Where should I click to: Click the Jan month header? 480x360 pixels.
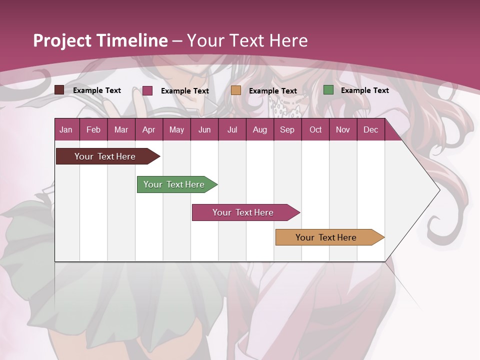[x=66, y=129]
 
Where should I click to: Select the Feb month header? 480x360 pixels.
[x=93, y=129]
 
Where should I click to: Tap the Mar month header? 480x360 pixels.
[x=121, y=129]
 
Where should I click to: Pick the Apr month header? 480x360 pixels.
[x=148, y=129]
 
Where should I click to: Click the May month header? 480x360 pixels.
[x=176, y=129]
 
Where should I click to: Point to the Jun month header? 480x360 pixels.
[x=204, y=129]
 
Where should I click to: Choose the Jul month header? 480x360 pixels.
[x=232, y=129]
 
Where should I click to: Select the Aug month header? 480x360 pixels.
[x=259, y=129]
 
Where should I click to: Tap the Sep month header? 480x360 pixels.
[x=287, y=129]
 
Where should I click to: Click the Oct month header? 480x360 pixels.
[x=315, y=129]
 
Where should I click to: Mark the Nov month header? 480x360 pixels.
[x=343, y=129]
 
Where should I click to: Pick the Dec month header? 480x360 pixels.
[x=370, y=129]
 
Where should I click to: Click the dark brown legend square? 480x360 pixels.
[x=59, y=90]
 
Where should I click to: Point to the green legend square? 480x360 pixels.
[x=328, y=90]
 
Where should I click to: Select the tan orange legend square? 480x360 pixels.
[x=236, y=90]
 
